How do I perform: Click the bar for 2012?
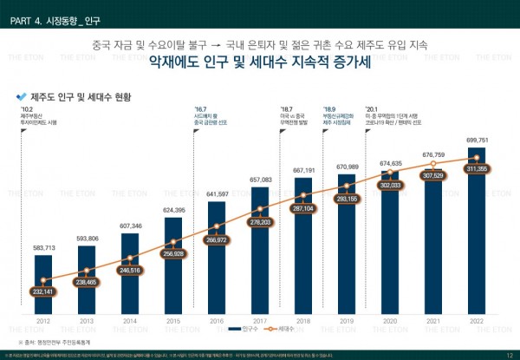[43, 286]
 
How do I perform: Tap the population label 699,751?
[477, 140]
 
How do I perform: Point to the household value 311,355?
[477, 169]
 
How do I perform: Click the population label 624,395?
[173, 211]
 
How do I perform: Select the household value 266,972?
[217, 239]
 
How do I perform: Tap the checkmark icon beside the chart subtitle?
[21, 95]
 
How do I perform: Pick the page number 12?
[509, 356]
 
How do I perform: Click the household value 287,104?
[303, 209]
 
